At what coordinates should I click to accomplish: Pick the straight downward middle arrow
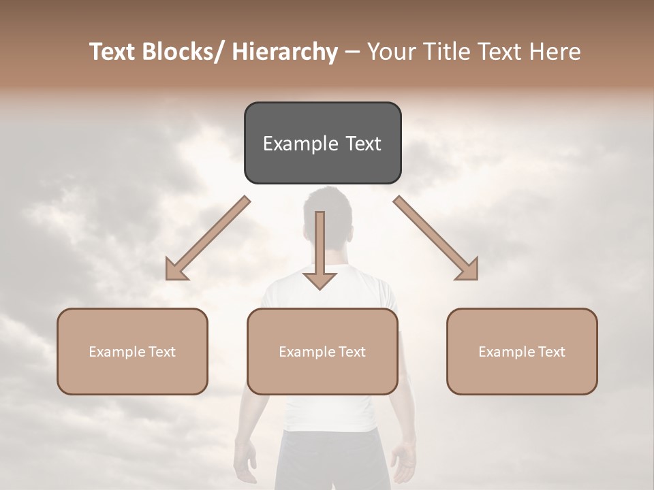pyautogui.click(x=320, y=245)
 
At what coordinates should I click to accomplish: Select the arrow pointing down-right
pyautogui.click(x=436, y=238)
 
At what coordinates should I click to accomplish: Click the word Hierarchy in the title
pyautogui.click(x=285, y=52)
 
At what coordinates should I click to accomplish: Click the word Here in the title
pyautogui.click(x=555, y=52)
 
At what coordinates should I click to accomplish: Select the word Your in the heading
pyautogui.click(x=390, y=52)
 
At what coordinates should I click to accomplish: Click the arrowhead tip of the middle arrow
pyautogui.click(x=320, y=289)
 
